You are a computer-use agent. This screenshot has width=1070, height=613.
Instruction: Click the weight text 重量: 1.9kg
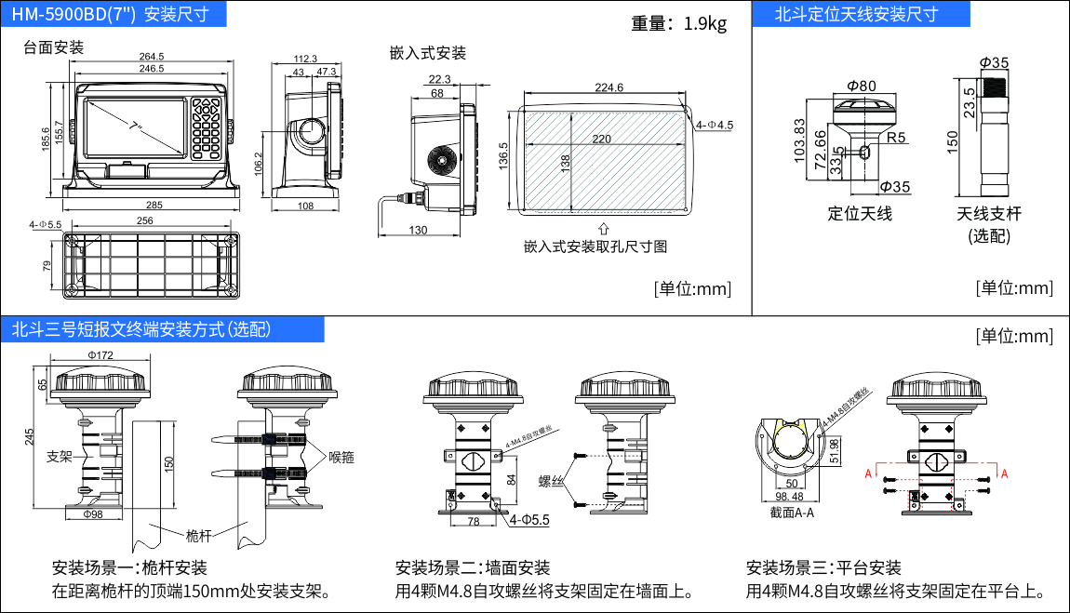pyautogui.click(x=678, y=23)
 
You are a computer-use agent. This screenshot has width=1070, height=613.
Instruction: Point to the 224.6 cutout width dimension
pyautogui.click(x=608, y=87)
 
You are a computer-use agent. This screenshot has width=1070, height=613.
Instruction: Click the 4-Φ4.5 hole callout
pyautogui.click(x=715, y=125)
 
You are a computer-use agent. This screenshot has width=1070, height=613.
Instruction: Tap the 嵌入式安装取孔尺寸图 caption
pyautogui.click(x=595, y=247)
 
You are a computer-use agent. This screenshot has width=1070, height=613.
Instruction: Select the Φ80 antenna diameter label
pyautogui.click(x=861, y=87)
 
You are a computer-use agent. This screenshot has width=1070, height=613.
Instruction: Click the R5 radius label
pyautogui.click(x=896, y=138)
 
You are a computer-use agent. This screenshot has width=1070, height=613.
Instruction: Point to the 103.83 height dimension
pyautogui.click(x=799, y=140)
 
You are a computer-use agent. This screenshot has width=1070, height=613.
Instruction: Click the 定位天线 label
pyautogui.click(x=860, y=214)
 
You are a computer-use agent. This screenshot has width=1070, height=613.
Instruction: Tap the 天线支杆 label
pyautogui.click(x=989, y=214)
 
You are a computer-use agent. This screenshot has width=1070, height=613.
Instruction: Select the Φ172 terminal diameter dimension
pyautogui.click(x=100, y=355)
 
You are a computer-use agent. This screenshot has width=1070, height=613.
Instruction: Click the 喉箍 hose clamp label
pyautogui.click(x=341, y=457)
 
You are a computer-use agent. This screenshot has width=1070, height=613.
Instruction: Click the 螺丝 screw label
pyautogui.click(x=553, y=481)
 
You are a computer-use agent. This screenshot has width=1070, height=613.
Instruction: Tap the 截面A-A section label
pyautogui.click(x=792, y=512)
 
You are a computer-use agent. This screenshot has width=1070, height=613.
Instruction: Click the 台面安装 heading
pyautogui.click(x=54, y=47)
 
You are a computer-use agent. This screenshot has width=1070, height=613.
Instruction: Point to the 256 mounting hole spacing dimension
pyautogui.click(x=144, y=221)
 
